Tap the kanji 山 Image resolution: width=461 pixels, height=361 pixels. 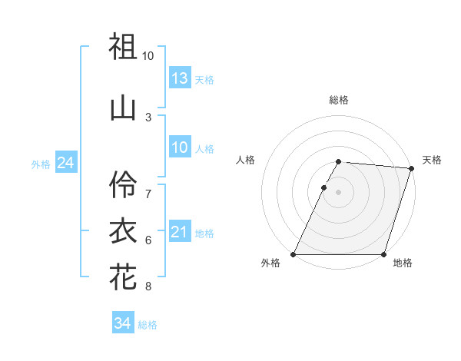[x=123, y=108]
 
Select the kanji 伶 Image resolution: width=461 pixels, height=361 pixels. [x=123, y=184]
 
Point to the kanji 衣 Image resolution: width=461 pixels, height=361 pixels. [x=123, y=231]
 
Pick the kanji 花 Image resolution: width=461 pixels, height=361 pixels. [x=123, y=277]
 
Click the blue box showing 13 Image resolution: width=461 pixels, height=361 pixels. [x=179, y=78]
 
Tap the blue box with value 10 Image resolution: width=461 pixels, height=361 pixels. [x=179, y=147]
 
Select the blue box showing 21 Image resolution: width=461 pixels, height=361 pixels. [x=179, y=232]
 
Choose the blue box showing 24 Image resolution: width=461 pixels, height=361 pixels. [x=65, y=163]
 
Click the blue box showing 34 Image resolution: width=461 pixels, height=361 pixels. [x=122, y=323]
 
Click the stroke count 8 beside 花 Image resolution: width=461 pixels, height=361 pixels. [x=148, y=287]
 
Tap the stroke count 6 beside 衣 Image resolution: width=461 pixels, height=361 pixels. [x=148, y=240]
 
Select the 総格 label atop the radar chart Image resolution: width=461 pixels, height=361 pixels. [x=338, y=100]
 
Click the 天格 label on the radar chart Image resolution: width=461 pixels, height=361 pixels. [x=432, y=160]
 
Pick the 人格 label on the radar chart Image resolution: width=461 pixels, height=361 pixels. [x=246, y=160]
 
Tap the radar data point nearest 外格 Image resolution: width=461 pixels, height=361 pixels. [x=294, y=254]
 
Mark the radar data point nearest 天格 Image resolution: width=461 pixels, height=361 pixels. [x=411, y=169]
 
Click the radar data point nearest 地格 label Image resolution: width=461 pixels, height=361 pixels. [x=383, y=254]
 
